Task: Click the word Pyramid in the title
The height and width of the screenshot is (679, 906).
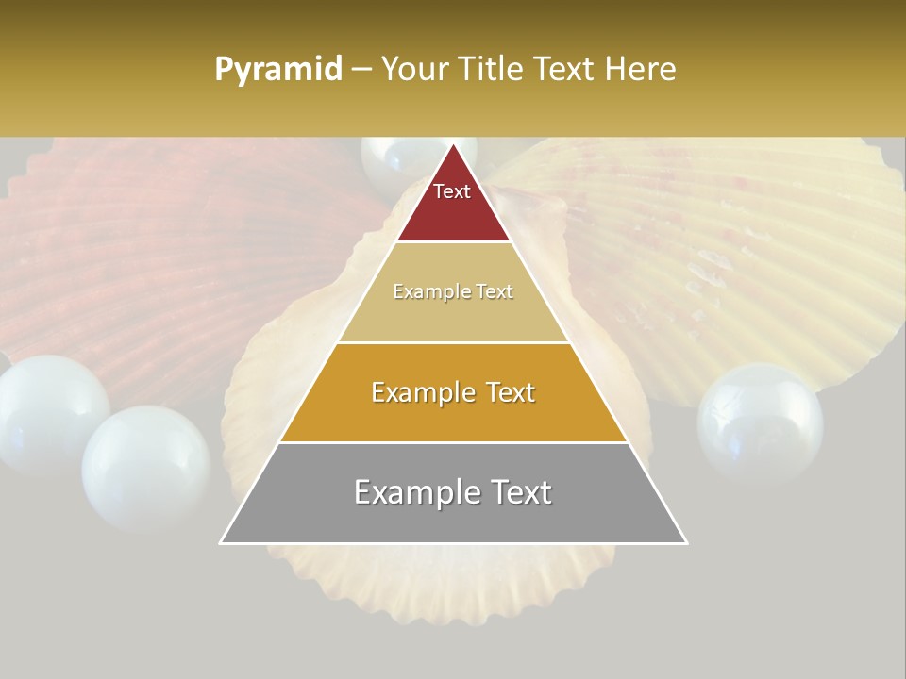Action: click(x=278, y=69)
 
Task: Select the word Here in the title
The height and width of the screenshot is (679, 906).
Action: click(x=641, y=69)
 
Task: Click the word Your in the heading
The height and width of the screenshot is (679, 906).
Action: click(x=414, y=69)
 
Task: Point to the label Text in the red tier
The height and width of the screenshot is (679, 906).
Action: click(x=452, y=191)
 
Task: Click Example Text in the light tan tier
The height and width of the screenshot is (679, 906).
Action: click(x=453, y=291)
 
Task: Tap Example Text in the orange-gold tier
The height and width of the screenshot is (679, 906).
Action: click(x=453, y=392)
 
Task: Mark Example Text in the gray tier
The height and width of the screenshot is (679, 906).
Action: click(x=453, y=492)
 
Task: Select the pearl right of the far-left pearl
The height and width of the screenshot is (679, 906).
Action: click(x=146, y=467)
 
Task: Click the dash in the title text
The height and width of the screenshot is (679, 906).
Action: click(x=361, y=70)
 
